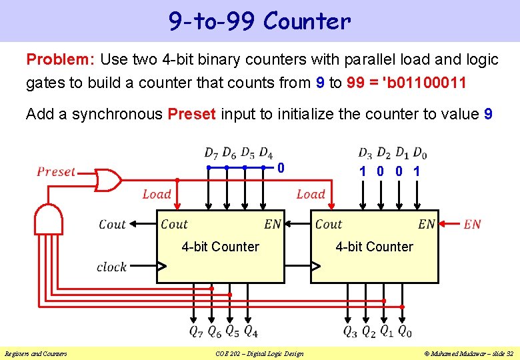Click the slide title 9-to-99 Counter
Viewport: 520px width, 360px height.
tap(259, 21)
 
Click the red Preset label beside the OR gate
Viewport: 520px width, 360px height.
tap(56, 171)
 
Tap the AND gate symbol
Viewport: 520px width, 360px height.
tap(47, 218)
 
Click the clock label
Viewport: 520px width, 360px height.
tap(111, 267)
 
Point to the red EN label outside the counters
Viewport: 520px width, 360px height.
tap(472, 225)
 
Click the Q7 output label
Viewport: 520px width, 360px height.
tap(196, 330)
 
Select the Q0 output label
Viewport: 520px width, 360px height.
tap(404, 330)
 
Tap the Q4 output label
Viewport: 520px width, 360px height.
tap(251, 330)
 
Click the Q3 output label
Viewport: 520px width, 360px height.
tap(349, 330)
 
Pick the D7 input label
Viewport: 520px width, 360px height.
tap(211, 153)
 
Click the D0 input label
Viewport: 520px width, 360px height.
tap(419, 153)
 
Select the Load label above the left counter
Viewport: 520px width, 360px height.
tap(157, 194)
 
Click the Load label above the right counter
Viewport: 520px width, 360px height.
tap(311, 194)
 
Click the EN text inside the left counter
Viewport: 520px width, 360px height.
tap(273, 225)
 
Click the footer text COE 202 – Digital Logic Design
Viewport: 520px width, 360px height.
tap(259, 353)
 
